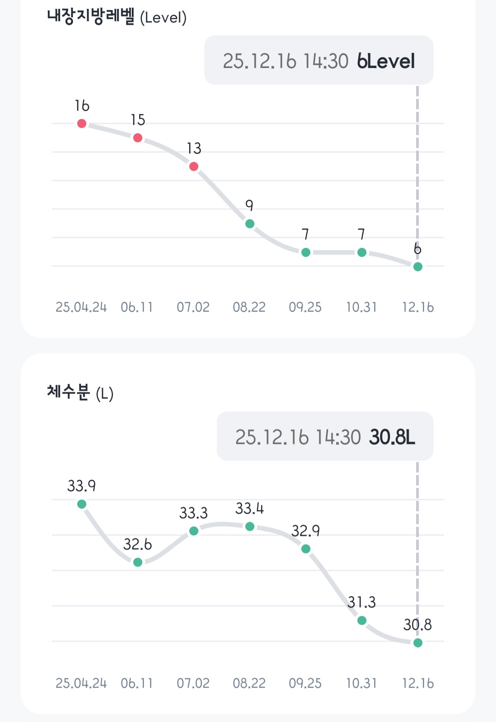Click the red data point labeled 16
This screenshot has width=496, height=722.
point(82,123)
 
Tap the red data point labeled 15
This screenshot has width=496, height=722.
point(138,138)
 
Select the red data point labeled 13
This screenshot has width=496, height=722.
point(194,166)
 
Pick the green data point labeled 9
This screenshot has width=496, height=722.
point(250,223)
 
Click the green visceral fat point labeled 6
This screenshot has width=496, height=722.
point(418,266)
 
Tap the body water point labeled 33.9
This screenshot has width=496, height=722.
point(82,504)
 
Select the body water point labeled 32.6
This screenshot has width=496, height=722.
point(138,562)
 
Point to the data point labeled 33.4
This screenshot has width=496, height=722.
point(250,526)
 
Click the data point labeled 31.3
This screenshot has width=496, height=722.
point(362,620)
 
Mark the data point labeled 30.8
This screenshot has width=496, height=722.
point(418,642)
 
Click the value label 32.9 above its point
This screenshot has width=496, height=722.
point(305,531)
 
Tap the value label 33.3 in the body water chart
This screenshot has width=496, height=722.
point(193,513)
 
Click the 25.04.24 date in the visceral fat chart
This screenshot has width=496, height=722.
point(81,307)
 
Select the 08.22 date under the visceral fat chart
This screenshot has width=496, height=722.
point(249,307)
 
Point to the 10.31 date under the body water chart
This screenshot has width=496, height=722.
point(361,683)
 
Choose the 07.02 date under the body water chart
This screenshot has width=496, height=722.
point(193,683)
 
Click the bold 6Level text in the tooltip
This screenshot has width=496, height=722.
point(386,61)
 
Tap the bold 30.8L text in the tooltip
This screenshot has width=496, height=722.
point(392,437)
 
